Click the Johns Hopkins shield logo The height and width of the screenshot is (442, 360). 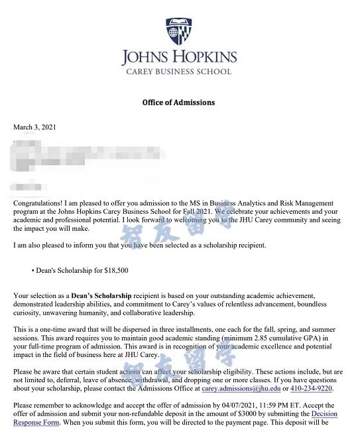(x=179, y=31)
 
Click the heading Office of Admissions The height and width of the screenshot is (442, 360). (x=179, y=103)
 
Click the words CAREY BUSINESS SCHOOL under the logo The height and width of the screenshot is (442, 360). (x=179, y=72)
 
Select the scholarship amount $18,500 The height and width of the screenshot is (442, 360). (x=113, y=271)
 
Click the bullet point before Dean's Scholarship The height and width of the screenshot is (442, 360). (x=32, y=271)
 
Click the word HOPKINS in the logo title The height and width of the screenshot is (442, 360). (x=205, y=56)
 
